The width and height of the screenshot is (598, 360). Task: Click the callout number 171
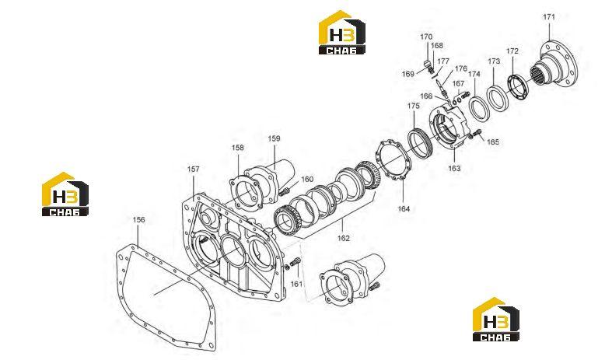coord(549,17)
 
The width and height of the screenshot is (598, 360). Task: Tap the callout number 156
coord(139,220)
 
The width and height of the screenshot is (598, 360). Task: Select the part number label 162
coord(343,239)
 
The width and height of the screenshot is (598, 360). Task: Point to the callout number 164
coord(404,208)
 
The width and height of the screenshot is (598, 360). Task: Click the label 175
coord(414,106)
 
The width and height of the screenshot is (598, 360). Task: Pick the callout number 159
coord(274,138)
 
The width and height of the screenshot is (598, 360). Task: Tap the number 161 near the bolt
coord(296,284)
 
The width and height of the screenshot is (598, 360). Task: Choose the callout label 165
coord(493,142)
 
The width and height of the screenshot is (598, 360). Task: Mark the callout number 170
coord(426,37)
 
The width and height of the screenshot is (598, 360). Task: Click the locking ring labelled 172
coord(519,88)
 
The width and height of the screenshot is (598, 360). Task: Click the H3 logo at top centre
coord(341,33)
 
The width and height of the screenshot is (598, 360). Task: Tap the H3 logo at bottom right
coord(496,320)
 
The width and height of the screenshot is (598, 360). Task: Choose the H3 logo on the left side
coord(65,194)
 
